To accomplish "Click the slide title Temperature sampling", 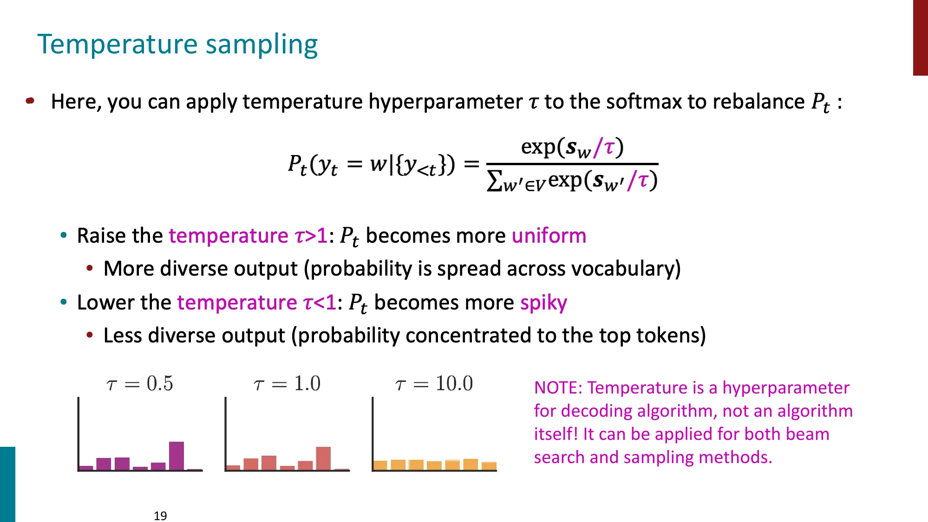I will coord(177,45).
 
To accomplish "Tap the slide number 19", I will coord(160,516).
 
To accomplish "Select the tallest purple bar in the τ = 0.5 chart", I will coord(176,456).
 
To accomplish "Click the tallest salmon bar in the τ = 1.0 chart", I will coord(323,458).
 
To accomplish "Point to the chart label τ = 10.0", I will coord(434,384).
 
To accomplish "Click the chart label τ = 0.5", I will coord(139,384).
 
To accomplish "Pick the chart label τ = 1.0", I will coord(287,384).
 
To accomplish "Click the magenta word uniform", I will coord(549,236).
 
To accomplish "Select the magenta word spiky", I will coord(543,303).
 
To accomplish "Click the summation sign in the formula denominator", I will coord(494,181).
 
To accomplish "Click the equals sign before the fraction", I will coord(471,163).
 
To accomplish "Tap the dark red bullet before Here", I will coord(30,101).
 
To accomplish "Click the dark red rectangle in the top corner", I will coord(920,37).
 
